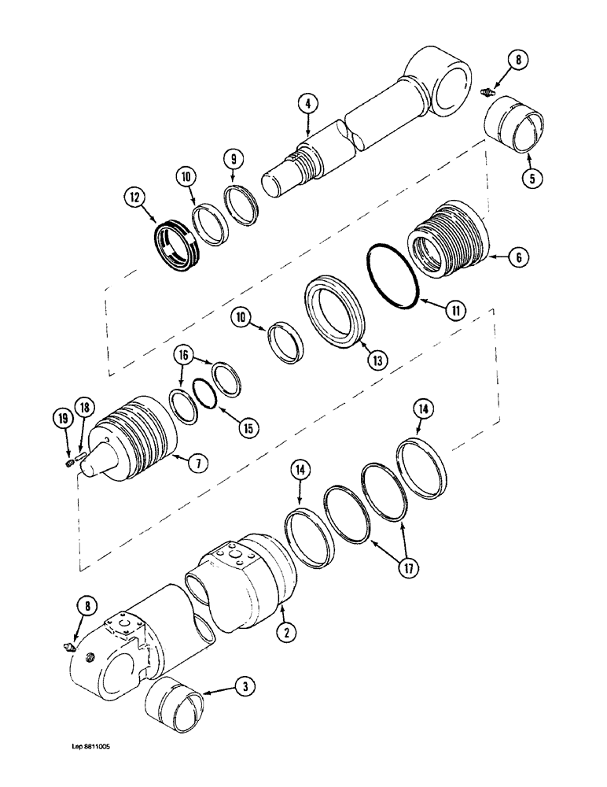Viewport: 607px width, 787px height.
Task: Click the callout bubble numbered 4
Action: tap(308, 103)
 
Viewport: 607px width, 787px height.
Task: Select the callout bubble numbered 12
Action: tap(133, 194)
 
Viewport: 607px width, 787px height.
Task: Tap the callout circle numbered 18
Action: tap(86, 407)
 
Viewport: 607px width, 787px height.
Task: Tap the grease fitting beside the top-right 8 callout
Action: tap(488, 92)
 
